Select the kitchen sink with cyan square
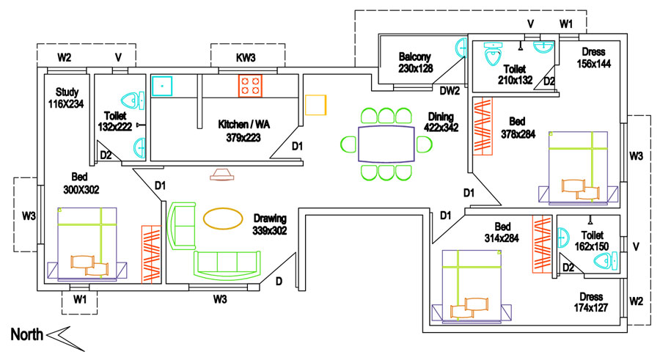(x=161, y=86)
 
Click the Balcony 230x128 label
(x=415, y=62)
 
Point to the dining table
(x=386, y=144)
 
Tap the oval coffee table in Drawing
(x=222, y=218)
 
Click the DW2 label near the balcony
(x=449, y=92)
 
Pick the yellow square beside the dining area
(x=315, y=105)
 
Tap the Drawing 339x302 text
(x=270, y=224)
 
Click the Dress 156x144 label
(x=594, y=58)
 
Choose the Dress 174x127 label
(x=591, y=302)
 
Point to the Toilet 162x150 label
(x=592, y=240)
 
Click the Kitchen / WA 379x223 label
(x=244, y=131)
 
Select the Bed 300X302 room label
(x=81, y=183)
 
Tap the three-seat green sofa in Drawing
(x=227, y=263)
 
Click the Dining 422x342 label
(x=442, y=122)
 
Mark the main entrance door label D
(x=279, y=281)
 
